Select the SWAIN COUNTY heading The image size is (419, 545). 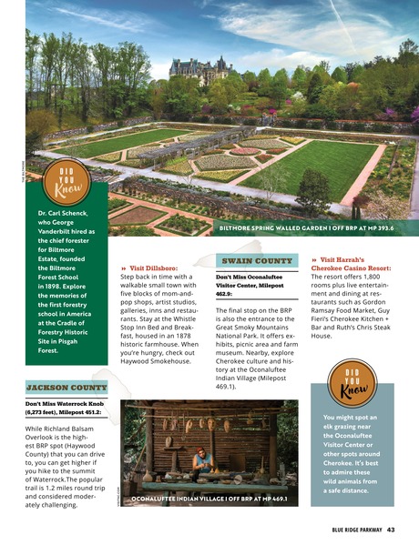click(x=255, y=259)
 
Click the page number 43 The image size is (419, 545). click(x=390, y=530)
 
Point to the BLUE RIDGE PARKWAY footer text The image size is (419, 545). click(x=349, y=530)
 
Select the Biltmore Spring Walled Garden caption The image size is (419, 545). click(x=306, y=228)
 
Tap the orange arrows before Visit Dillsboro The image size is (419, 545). click(x=124, y=269)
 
